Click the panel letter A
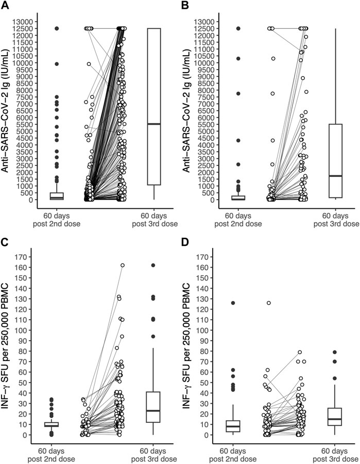coord(5,5)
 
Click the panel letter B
coord(186,5)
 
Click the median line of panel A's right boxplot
coord(154,124)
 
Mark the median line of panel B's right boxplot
coord(335,176)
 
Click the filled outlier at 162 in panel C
coord(153,265)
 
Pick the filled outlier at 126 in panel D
coord(233,303)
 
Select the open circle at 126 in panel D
coord(269,303)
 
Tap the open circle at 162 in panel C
coord(123,265)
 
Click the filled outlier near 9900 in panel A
coord(57,64)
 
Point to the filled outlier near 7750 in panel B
coord(238,93)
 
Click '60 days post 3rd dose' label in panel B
coord(336,220)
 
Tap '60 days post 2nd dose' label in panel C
coord(52,455)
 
